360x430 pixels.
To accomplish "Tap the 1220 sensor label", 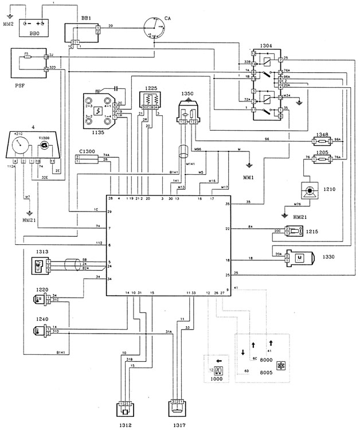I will click(42, 290).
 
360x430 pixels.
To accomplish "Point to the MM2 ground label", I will click(9, 25).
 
